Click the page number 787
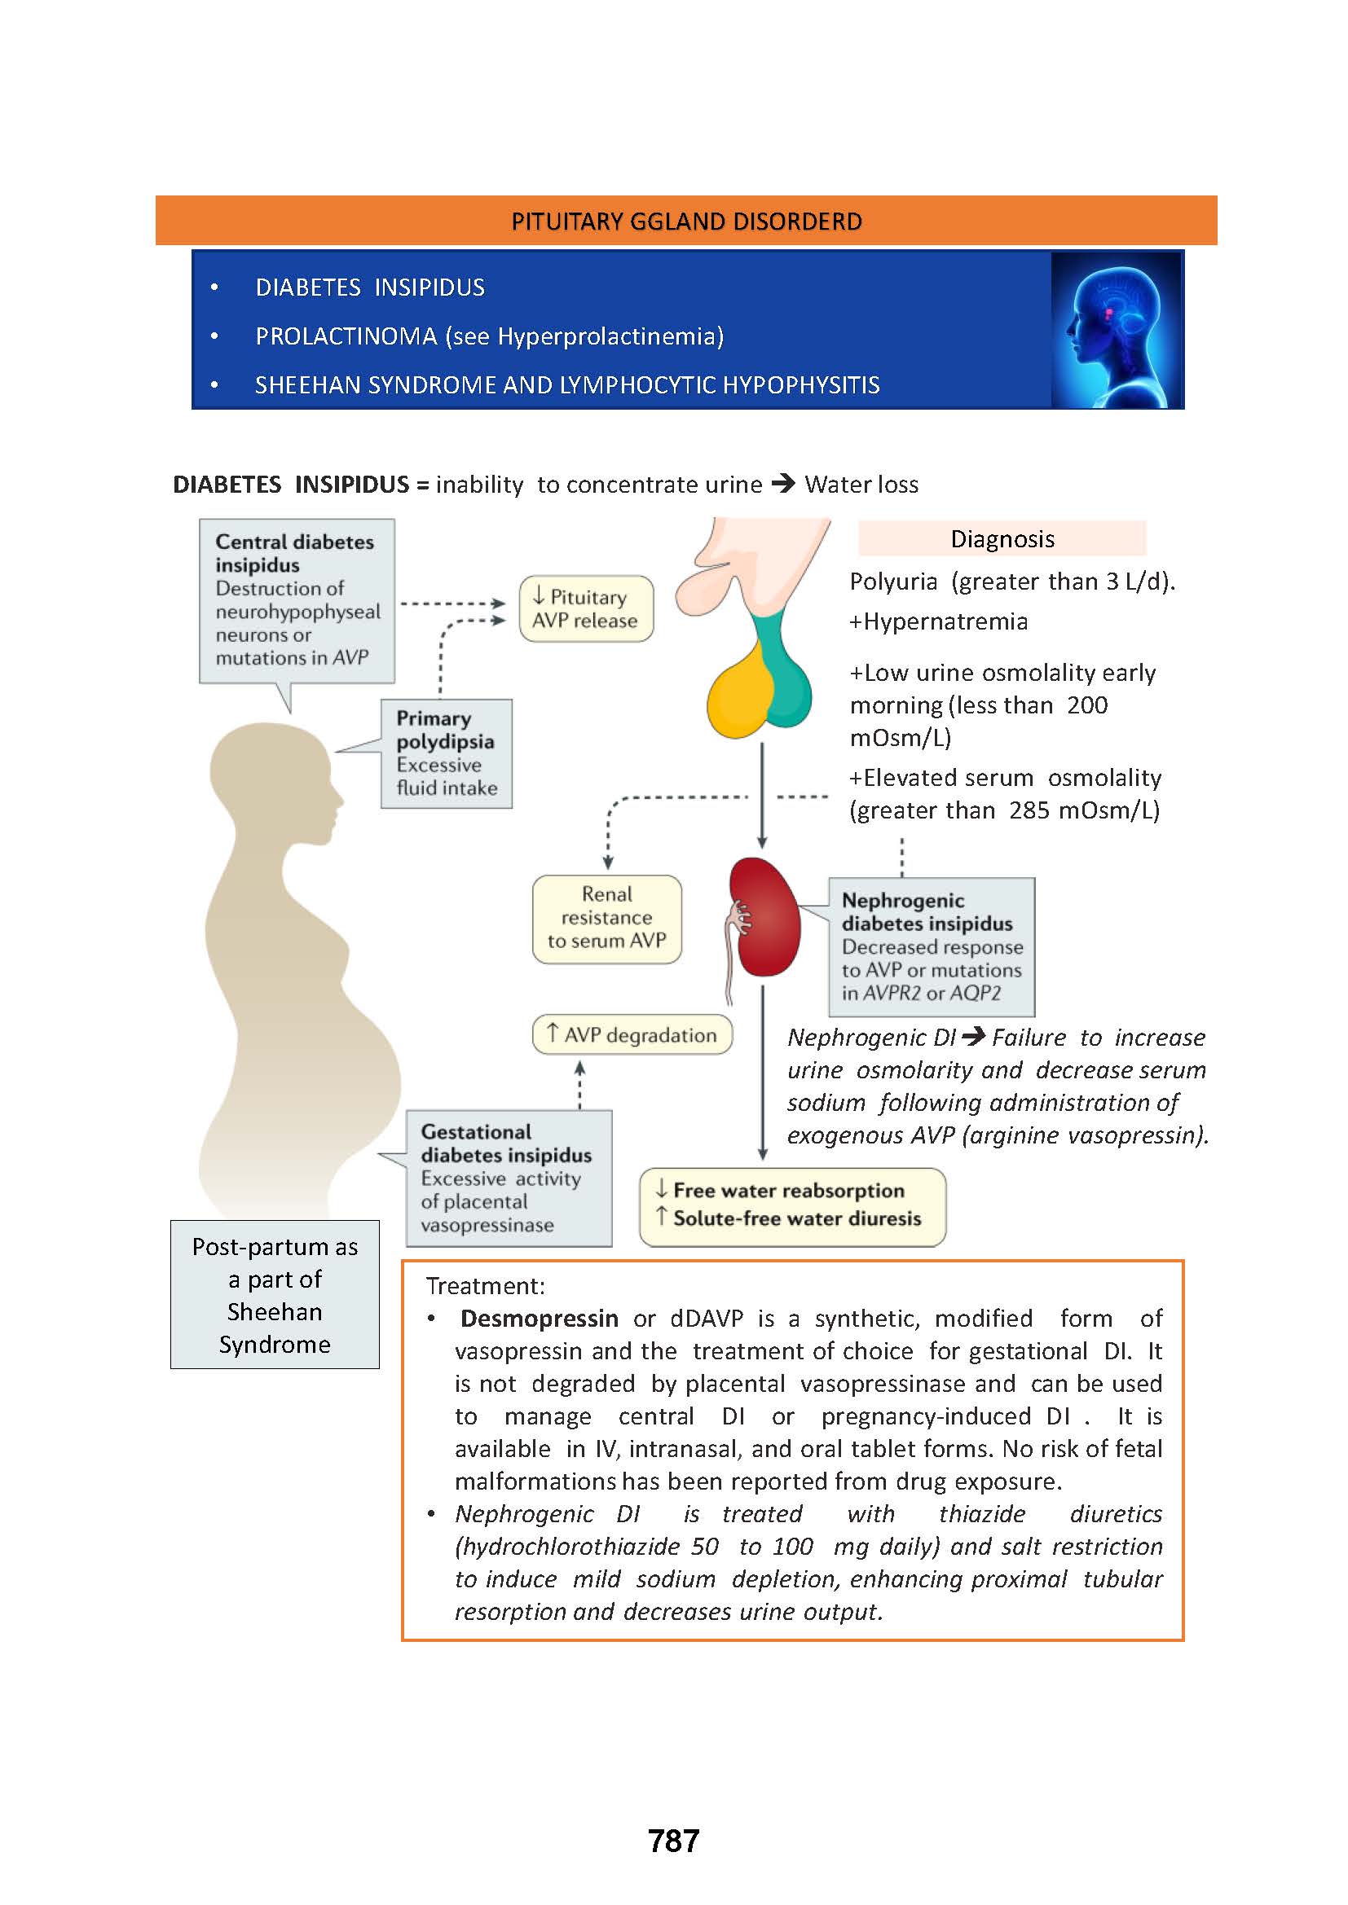pos(673,1841)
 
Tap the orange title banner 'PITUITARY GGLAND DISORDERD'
pos(685,221)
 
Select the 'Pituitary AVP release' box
pos(586,608)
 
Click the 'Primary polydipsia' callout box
pos(447,753)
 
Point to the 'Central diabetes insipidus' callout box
pos(297,600)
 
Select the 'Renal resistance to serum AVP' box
pos(607,919)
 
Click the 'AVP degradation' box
pos(632,1034)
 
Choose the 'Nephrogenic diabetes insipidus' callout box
pos(932,946)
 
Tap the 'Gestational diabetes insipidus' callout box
pos(508,1179)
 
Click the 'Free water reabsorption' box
pos(792,1206)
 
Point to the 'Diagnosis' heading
pos(1002,538)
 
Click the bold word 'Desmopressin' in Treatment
pos(539,1319)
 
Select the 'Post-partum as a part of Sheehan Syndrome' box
pos(275,1294)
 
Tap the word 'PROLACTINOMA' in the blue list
pos(346,336)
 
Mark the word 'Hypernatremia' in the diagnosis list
pos(945,621)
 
